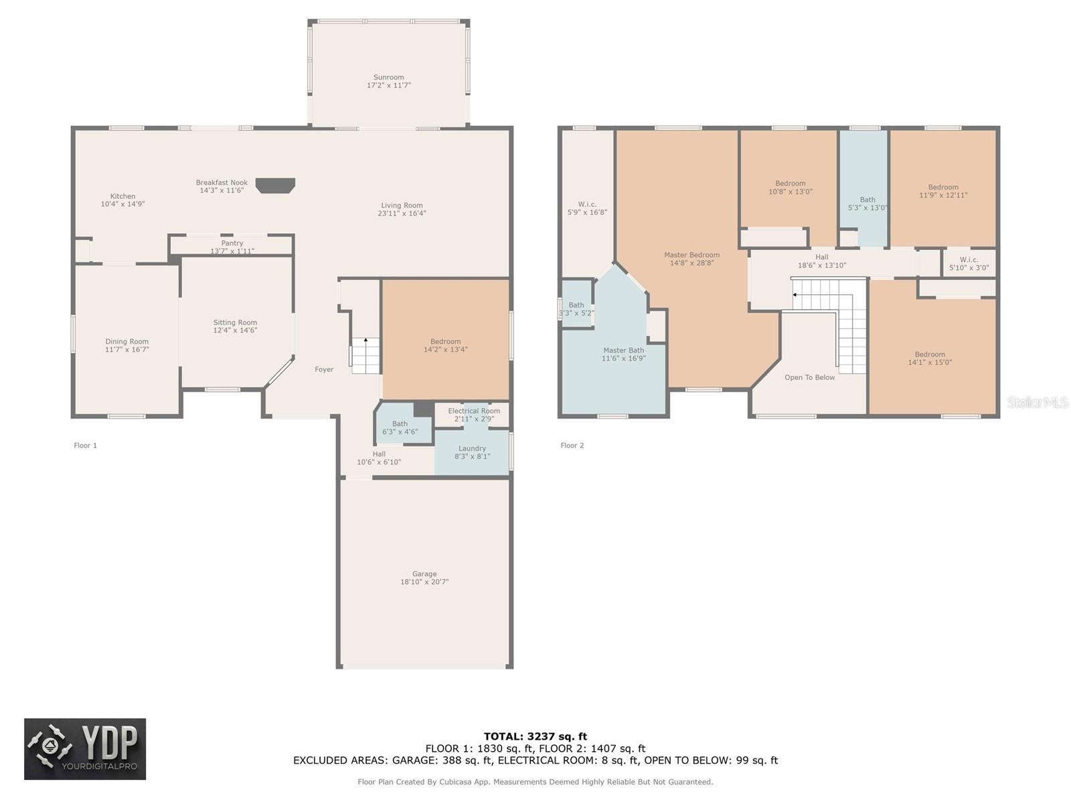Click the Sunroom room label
point(388,77)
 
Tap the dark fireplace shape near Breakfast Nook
point(276,185)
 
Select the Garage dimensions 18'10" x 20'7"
point(424,582)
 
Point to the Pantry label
point(232,243)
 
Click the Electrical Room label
point(474,411)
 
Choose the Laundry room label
point(472,449)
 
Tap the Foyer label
point(324,370)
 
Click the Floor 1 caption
point(86,445)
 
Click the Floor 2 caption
point(572,445)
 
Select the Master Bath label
point(624,350)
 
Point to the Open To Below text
point(809,377)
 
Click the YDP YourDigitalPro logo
point(85,749)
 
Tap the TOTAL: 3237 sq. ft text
point(535,736)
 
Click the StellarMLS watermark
point(1038,402)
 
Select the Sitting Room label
point(235,323)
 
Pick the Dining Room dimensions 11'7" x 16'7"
point(127,350)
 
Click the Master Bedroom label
point(691,255)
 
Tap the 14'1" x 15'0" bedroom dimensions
point(930,362)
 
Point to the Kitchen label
point(122,196)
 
